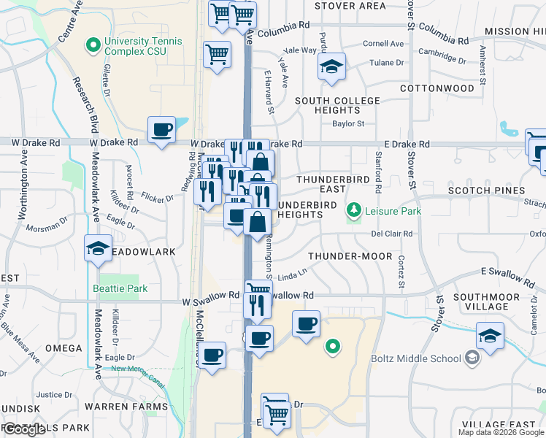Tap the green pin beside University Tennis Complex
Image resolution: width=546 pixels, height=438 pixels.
coord(93,46)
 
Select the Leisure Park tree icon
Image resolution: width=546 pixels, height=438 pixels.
coord(354,211)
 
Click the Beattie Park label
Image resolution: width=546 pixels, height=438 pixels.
coord(120,288)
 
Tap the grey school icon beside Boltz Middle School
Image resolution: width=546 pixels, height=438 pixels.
coord(472,357)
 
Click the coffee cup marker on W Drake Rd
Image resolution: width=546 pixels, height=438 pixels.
coord(162,131)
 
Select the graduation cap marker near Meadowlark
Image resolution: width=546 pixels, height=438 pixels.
coord(98,249)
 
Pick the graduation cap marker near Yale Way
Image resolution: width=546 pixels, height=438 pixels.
coord(331,67)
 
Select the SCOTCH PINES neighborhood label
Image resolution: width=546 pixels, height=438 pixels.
coord(486,191)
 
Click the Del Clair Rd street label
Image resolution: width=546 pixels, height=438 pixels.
coord(392,234)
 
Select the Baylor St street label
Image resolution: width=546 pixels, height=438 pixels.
coord(348,124)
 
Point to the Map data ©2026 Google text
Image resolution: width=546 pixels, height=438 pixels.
coord(501,432)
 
